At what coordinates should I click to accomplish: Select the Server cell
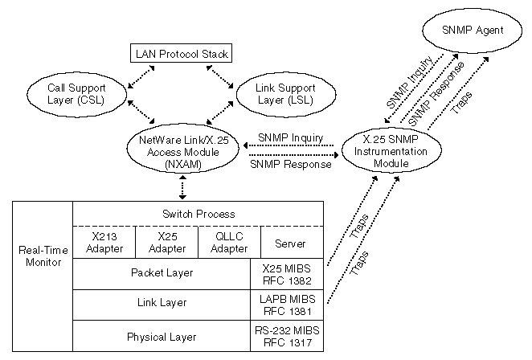pos(289,243)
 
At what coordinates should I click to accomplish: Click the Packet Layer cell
pos(162,273)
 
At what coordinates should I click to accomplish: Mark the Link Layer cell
pos(162,303)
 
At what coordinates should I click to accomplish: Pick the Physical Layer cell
pos(162,337)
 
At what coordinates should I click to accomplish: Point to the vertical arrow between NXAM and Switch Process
pos(183,188)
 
